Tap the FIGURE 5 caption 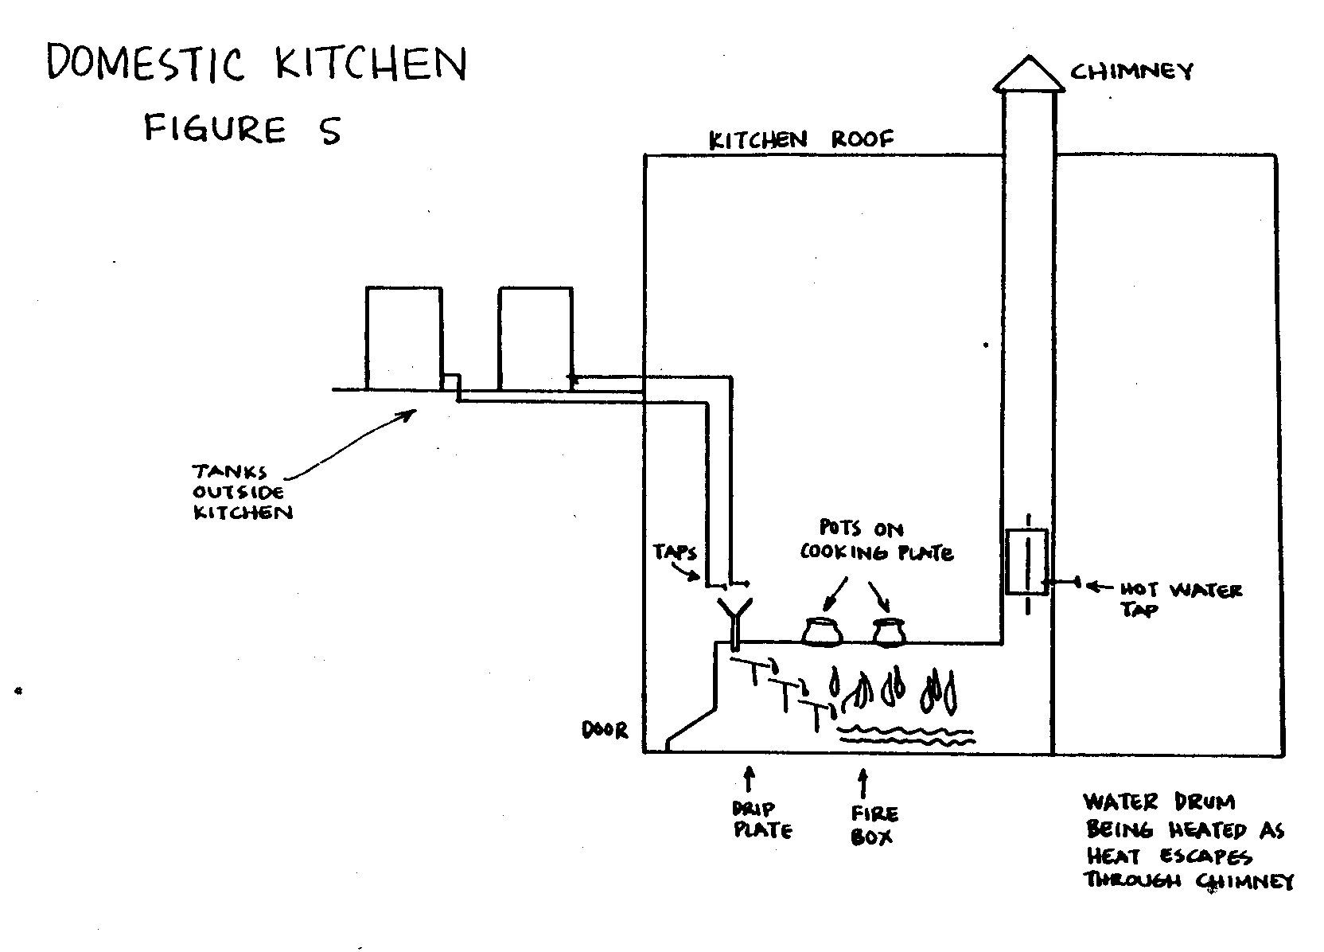click(x=242, y=129)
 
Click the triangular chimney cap click(x=1028, y=74)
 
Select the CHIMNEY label click(x=1131, y=72)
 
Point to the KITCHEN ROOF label click(x=801, y=140)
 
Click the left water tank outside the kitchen click(x=403, y=338)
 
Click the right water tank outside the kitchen click(x=535, y=338)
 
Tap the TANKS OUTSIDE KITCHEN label click(x=242, y=492)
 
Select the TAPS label click(x=675, y=552)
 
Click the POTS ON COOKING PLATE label click(x=875, y=540)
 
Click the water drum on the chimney click(x=1026, y=561)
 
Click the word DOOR click(x=605, y=730)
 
